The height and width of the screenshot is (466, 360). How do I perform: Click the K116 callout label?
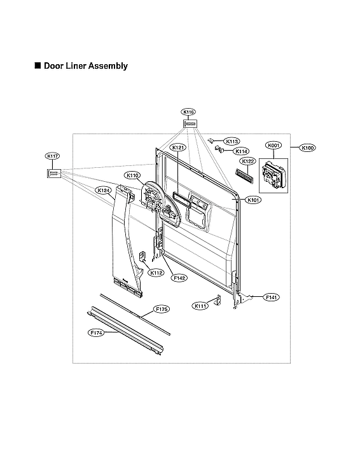click(x=188, y=112)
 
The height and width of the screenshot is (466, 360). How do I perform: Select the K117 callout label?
click(x=52, y=156)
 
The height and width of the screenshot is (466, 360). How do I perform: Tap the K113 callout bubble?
click(x=232, y=141)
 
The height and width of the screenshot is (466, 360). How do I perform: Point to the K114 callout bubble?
click(x=241, y=151)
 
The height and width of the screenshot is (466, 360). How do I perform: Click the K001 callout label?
click(x=273, y=146)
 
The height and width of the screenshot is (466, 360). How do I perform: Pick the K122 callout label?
click(x=248, y=161)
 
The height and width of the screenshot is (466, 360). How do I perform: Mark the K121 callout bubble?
click(x=179, y=147)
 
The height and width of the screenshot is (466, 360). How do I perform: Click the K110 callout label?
click(x=132, y=175)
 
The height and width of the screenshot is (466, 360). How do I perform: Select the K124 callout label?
click(x=102, y=190)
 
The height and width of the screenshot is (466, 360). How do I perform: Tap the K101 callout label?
click(x=254, y=200)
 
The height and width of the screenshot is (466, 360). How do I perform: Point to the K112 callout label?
click(x=156, y=272)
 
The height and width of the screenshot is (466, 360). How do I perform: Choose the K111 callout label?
click(x=200, y=306)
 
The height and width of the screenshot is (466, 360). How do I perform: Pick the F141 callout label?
click(x=271, y=297)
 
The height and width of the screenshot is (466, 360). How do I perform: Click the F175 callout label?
click(x=162, y=309)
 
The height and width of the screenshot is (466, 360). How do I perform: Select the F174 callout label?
click(x=95, y=331)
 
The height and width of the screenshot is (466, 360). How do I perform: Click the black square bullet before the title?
click(x=38, y=65)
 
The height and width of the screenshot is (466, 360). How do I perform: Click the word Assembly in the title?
click(x=108, y=65)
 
